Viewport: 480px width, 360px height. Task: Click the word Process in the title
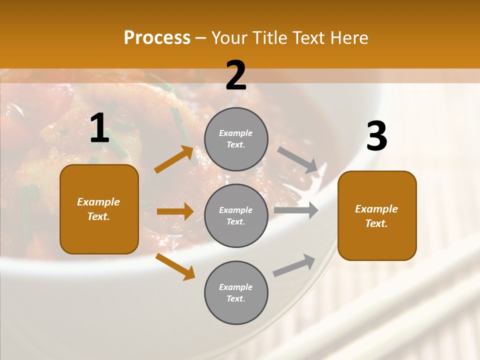click(157, 38)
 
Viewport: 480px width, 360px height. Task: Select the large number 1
click(99, 128)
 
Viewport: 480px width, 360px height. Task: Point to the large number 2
click(236, 75)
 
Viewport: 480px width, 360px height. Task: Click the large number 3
click(376, 136)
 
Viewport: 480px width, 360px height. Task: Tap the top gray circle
click(236, 139)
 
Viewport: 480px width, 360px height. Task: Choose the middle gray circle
click(236, 215)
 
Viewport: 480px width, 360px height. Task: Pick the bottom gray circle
click(236, 292)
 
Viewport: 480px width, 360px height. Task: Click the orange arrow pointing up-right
click(174, 159)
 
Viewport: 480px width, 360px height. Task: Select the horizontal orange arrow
click(175, 211)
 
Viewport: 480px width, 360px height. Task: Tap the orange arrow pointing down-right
click(175, 267)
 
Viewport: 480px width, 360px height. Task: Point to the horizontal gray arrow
click(296, 210)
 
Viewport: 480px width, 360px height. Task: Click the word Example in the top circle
click(236, 133)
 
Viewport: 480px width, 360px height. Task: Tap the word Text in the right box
click(376, 223)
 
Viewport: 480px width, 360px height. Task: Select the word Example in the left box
click(98, 202)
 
